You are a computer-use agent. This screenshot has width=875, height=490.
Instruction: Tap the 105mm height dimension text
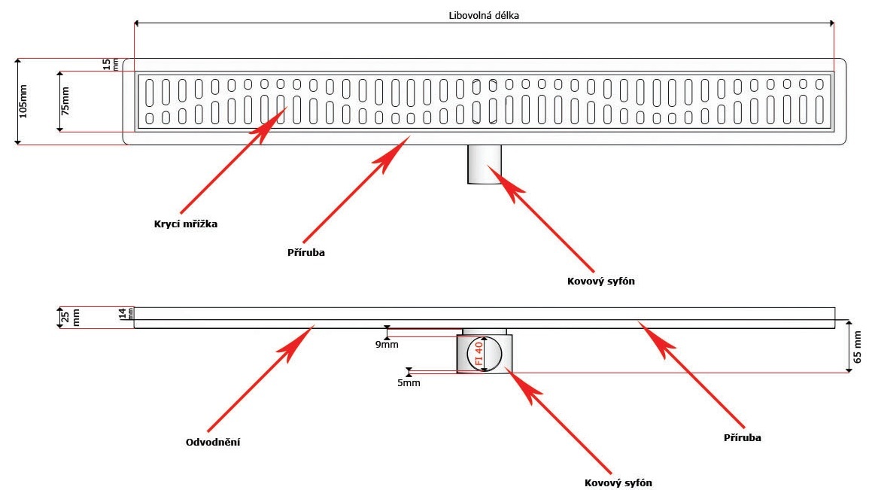tap(23, 101)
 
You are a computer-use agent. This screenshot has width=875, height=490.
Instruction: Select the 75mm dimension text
tap(65, 100)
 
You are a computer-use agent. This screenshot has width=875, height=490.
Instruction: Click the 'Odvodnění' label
tap(213, 442)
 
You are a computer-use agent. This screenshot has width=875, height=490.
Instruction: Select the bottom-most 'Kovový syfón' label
tap(618, 482)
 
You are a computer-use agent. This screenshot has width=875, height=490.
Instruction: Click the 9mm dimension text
tap(387, 344)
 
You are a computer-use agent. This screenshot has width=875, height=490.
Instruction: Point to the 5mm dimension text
tap(409, 382)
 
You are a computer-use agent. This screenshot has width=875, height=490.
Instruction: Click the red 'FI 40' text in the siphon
tap(479, 354)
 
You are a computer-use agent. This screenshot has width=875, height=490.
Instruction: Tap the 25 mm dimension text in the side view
tap(65, 317)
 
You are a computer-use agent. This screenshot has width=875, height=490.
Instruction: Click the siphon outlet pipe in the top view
tap(486, 164)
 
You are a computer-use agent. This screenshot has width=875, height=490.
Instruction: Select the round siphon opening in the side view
tap(486, 354)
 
